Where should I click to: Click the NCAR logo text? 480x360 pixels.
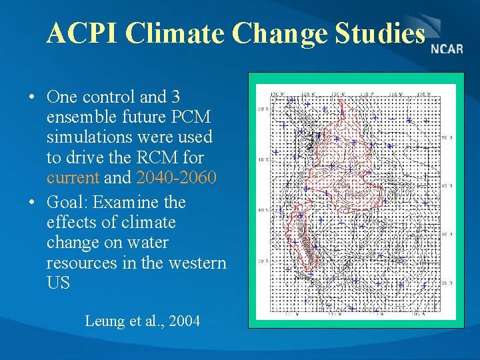(447, 49)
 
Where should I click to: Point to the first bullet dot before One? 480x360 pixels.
(32, 98)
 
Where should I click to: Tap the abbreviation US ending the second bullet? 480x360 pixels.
(58, 283)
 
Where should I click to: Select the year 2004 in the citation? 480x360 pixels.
(185, 321)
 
